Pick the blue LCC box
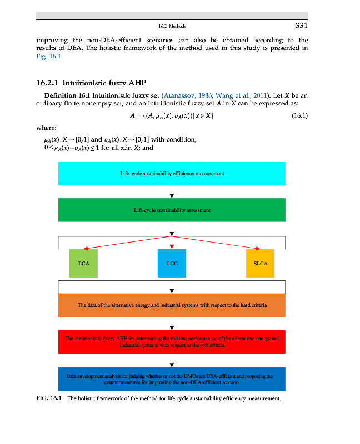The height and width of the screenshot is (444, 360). pos(172,263)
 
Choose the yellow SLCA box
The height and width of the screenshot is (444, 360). pos(261,263)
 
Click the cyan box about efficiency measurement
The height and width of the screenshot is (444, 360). pos(172,174)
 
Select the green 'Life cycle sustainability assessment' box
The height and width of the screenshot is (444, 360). pos(172,210)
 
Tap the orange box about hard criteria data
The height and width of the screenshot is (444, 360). pos(172,305)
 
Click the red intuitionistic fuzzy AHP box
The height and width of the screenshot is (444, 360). pos(172,341)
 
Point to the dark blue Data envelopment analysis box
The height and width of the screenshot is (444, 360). pos(172,379)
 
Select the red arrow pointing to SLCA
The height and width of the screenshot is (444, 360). pos(217,242)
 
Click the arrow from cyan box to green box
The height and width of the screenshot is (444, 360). pos(172,191)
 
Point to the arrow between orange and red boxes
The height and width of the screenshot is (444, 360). pos(172,323)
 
